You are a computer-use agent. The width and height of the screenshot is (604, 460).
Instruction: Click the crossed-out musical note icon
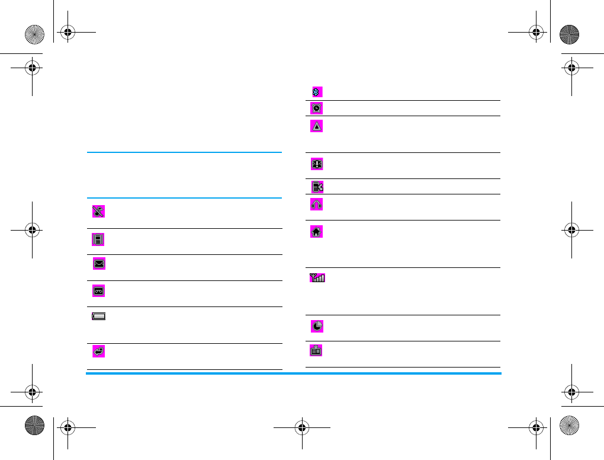click(x=98, y=210)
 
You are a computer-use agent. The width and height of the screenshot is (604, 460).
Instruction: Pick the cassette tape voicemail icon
click(x=98, y=290)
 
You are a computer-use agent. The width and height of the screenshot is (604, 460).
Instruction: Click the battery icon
click(x=98, y=317)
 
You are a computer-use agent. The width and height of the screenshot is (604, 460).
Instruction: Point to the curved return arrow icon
click(x=98, y=352)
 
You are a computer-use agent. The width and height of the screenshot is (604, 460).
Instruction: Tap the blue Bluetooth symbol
click(x=317, y=92)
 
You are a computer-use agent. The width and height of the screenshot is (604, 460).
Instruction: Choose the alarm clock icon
click(x=317, y=108)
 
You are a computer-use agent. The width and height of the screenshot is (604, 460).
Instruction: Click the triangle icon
click(x=317, y=126)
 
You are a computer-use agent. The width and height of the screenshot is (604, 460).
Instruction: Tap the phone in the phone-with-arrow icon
click(x=315, y=187)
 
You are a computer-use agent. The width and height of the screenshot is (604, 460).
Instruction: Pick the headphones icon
click(x=317, y=204)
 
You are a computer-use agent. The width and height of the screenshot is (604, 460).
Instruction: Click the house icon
click(x=317, y=232)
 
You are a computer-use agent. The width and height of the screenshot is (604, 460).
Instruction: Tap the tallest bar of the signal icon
click(x=323, y=277)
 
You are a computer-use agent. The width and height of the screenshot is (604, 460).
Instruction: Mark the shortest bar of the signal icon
click(x=316, y=279)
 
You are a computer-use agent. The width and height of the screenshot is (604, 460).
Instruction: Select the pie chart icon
click(x=317, y=326)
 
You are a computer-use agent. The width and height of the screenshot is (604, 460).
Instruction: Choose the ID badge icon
click(x=317, y=350)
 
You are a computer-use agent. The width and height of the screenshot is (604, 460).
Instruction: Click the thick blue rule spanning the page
click(x=293, y=373)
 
